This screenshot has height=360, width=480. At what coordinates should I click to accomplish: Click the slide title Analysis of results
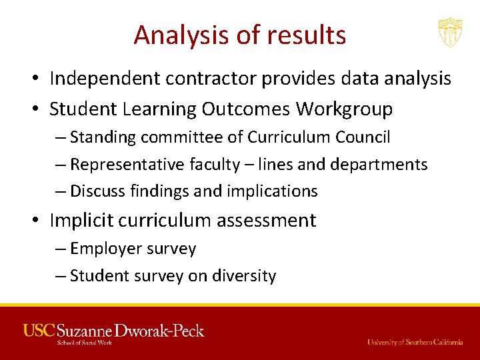[239, 35]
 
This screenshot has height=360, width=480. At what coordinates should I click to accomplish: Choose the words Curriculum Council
[319, 137]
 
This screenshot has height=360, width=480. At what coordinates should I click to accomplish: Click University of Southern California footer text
[415, 342]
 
